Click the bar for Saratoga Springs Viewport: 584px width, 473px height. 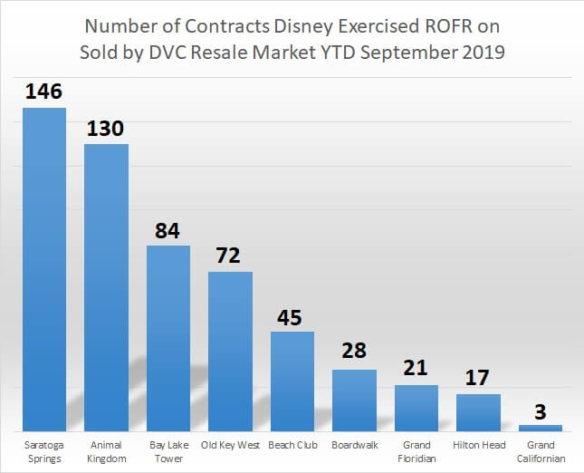point(44,269)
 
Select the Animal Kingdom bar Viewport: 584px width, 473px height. point(106,287)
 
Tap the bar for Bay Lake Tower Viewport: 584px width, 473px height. point(168,338)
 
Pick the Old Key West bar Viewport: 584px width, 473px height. point(230,351)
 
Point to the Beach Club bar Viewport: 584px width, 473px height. point(292,381)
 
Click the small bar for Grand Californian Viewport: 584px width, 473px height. point(541,428)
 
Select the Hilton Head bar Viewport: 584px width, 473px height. point(478,412)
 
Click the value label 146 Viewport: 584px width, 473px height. point(44,92)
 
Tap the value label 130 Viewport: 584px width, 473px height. point(106,128)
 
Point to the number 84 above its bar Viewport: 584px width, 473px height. point(168,230)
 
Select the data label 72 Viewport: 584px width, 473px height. point(230,256)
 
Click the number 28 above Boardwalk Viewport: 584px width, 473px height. point(354,353)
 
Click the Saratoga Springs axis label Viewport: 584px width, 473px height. point(44,451)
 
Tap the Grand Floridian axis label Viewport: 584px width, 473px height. point(416,451)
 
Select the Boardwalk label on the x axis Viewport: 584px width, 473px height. point(354,446)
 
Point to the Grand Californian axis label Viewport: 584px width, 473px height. point(541,451)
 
